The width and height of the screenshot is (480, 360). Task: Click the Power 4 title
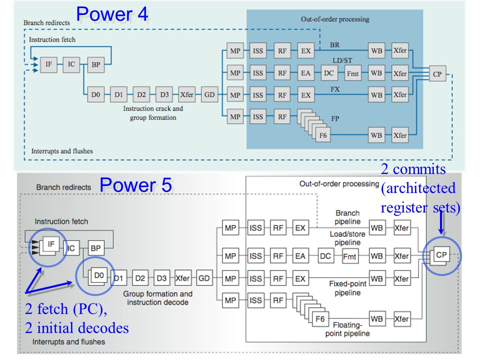click(112, 14)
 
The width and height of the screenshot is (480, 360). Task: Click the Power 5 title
click(135, 185)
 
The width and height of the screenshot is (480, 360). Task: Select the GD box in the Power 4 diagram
click(209, 94)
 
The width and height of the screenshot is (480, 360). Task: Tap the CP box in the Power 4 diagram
click(437, 73)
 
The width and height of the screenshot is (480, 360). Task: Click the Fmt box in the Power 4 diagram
click(352, 73)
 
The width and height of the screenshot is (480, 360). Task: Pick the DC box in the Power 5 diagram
click(325, 255)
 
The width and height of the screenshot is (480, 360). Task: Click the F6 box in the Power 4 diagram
click(323, 135)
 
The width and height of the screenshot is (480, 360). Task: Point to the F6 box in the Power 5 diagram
click(320, 319)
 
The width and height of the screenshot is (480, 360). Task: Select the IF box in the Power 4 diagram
click(48, 64)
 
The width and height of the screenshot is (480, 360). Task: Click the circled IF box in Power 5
click(51, 244)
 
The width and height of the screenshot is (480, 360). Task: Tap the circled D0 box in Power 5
click(98, 275)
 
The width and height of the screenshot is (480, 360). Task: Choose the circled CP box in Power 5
click(441, 254)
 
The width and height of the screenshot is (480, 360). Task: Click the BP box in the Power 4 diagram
click(96, 64)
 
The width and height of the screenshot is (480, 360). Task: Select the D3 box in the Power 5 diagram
click(161, 278)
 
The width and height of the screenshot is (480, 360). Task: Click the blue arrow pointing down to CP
click(441, 222)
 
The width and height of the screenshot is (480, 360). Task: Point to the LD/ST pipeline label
click(342, 60)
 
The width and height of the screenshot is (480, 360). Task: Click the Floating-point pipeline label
click(347, 329)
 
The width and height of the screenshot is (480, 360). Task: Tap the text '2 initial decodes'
click(77, 328)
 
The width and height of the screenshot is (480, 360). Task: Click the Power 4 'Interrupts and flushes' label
click(62, 151)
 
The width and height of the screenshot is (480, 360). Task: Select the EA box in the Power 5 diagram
click(300, 255)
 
